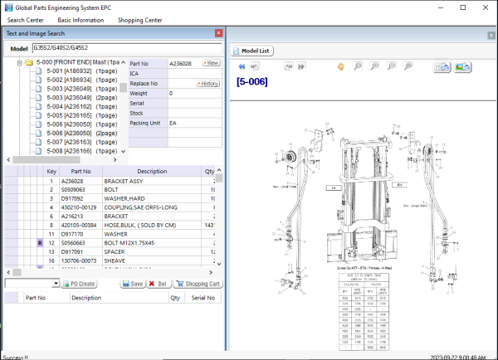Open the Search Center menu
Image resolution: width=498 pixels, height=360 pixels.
coord(25,19)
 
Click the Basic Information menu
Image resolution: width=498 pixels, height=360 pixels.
coord(81,19)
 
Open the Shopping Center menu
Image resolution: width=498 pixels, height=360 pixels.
coord(140,19)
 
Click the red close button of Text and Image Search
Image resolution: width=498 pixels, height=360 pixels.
coord(218,34)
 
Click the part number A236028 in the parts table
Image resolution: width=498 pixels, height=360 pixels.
coord(74,180)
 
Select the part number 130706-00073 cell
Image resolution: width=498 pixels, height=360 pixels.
coord(80,260)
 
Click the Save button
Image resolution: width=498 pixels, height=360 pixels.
coord(132,284)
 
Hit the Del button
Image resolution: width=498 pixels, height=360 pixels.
coord(157,284)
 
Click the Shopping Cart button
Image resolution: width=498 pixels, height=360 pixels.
coord(197,284)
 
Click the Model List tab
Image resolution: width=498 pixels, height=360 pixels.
coord(253,51)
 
